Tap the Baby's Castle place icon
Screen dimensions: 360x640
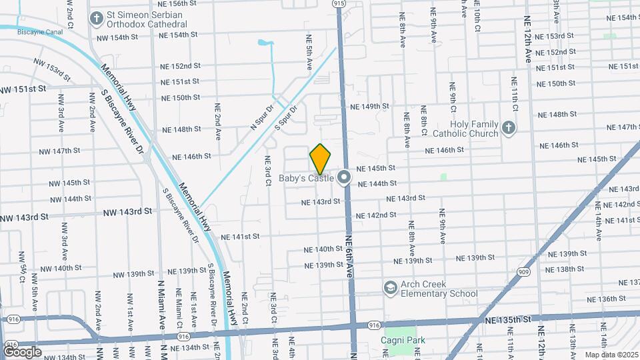point(344,177)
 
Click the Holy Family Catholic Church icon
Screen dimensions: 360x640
point(509,129)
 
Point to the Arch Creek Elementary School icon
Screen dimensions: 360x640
point(391,287)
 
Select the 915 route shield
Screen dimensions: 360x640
point(339,3)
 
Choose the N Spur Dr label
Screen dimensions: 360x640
point(262,117)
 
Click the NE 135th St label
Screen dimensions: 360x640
point(509,320)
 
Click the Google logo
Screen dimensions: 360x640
point(22,351)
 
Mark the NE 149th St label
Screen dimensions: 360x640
point(369,106)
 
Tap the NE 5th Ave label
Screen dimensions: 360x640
point(309,53)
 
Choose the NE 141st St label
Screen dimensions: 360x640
point(240,237)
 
